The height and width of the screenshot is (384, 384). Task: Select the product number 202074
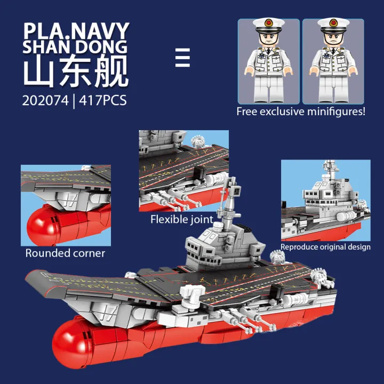[x=45, y=100]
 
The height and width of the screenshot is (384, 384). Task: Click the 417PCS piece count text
[x=102, y=100]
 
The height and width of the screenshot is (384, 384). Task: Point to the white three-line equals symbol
[x=182, y=58]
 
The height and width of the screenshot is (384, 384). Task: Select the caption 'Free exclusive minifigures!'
[x=301, y=111]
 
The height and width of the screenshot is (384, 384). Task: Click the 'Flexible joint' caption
[x=181, y=219]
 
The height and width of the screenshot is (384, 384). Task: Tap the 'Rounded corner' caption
[x=65, y=253]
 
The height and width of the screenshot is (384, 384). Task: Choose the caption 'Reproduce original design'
[x=325, y=247]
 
